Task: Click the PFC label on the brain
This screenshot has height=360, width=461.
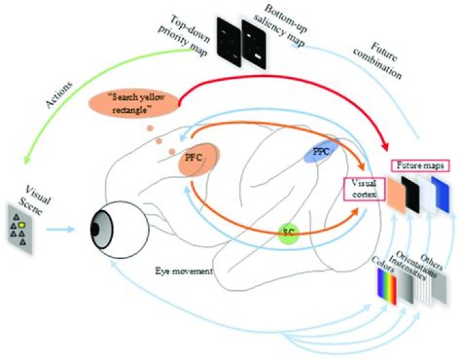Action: point(193,157)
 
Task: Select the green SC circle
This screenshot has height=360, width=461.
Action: point(290,234)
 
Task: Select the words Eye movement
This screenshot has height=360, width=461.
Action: point(184,272)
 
